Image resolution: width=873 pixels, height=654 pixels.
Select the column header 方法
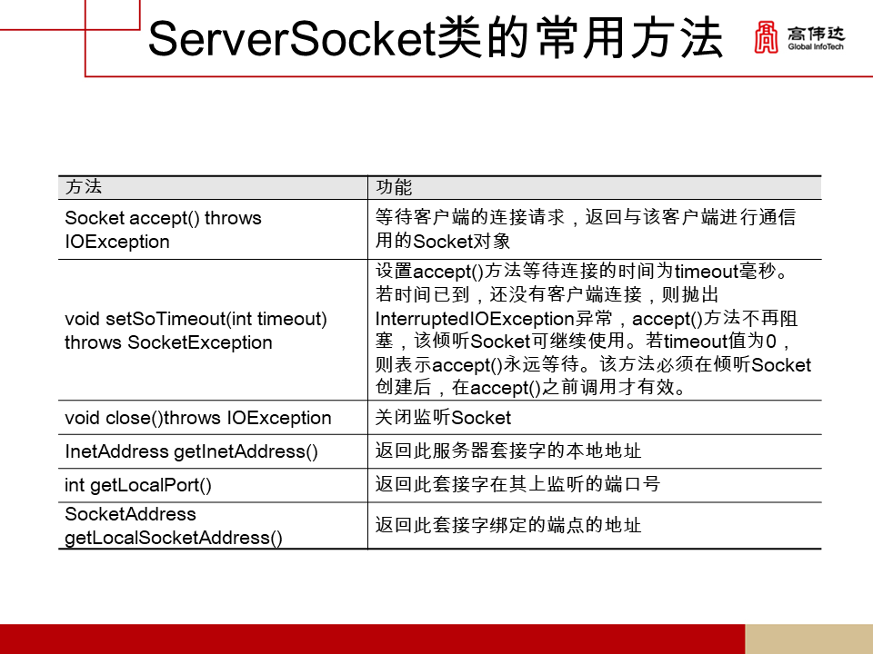84,188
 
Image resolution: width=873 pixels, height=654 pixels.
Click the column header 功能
394,188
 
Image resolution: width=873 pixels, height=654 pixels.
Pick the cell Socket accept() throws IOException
163,230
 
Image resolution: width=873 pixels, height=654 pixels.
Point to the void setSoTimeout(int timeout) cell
196,331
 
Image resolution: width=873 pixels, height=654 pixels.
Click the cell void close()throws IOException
198,418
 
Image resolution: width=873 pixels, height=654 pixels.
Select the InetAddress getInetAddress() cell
192,451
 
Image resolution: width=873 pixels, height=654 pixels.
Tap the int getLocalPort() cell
138,485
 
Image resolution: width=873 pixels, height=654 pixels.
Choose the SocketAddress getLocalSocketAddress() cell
174,526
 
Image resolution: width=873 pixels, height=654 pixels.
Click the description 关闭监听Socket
444,418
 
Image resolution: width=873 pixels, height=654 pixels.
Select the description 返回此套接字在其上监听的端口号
517,485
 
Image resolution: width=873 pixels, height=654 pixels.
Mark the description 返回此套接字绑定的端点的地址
508,526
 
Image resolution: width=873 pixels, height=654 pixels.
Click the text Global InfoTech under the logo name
816,46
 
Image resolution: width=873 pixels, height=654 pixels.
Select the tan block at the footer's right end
808,639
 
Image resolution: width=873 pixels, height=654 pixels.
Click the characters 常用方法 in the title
649,40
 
